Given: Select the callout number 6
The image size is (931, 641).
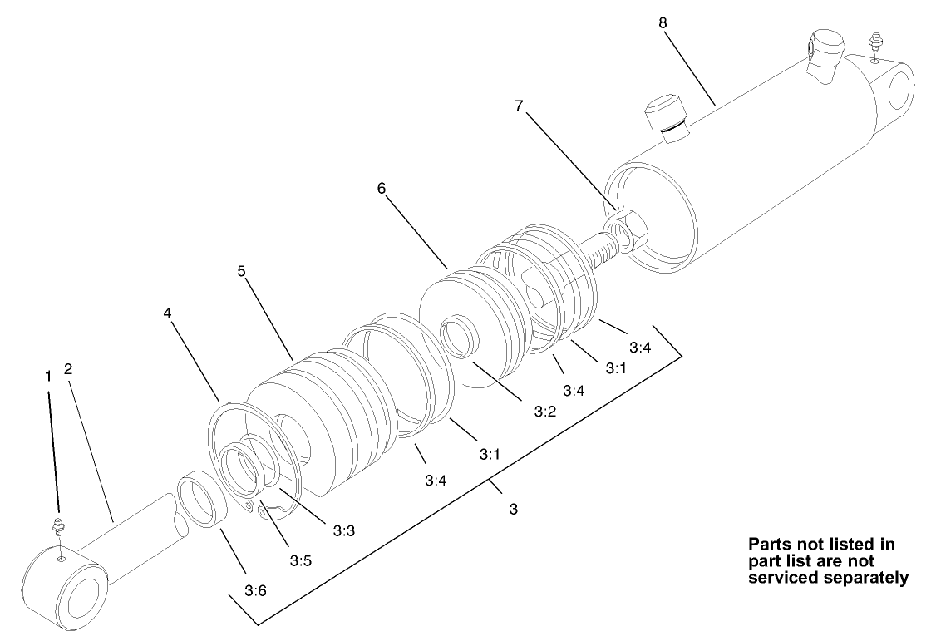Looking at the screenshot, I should tap(382, 189).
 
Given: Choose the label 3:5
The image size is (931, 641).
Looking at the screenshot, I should tap(300, 561).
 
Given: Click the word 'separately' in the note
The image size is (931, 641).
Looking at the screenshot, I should tap(865, 578).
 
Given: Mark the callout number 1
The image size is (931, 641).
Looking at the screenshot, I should tap(47, 376).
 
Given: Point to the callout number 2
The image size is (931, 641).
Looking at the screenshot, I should tap(68, 369).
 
